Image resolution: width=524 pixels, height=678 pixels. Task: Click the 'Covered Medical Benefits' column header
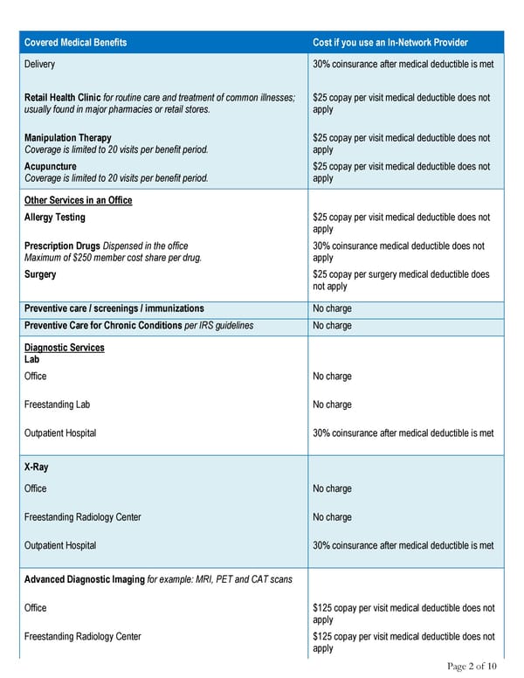click(x=75, y=43)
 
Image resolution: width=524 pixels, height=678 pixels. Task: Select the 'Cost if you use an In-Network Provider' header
click(x=390, y=43)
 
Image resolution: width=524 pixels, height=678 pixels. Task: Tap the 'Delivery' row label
click(x=40, y=65)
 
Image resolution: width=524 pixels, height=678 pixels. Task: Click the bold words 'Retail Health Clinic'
click(x=63, y=97)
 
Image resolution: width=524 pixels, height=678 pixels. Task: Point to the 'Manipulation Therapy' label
click(x=68, y=138)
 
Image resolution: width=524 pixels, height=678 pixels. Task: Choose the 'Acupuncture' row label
click(x=51, y=166)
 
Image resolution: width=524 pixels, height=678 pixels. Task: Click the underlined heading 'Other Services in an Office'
click(x=79, y=201)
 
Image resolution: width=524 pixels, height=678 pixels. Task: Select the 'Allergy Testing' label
click(x=55, y=218)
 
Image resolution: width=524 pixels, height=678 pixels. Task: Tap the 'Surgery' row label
click(x=40, y=274)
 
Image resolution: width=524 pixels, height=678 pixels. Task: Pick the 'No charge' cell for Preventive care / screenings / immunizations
click(x=332, y=308)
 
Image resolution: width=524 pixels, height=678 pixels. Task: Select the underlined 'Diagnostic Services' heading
click(x=64, y=348)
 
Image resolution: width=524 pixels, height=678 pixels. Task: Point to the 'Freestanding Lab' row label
click(x=57, y=405)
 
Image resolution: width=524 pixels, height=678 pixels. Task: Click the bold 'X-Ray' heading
click(x=36, y=467)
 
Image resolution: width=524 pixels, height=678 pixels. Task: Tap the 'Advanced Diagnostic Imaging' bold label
click(x=84, y=580)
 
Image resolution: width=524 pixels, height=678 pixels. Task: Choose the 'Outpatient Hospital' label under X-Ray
click(x=60, y=545)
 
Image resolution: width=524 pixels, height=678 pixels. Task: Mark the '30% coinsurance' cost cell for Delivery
click(x=403, y=65)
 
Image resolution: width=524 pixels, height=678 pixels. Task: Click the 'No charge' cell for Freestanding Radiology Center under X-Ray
click(x=332, y=517)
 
